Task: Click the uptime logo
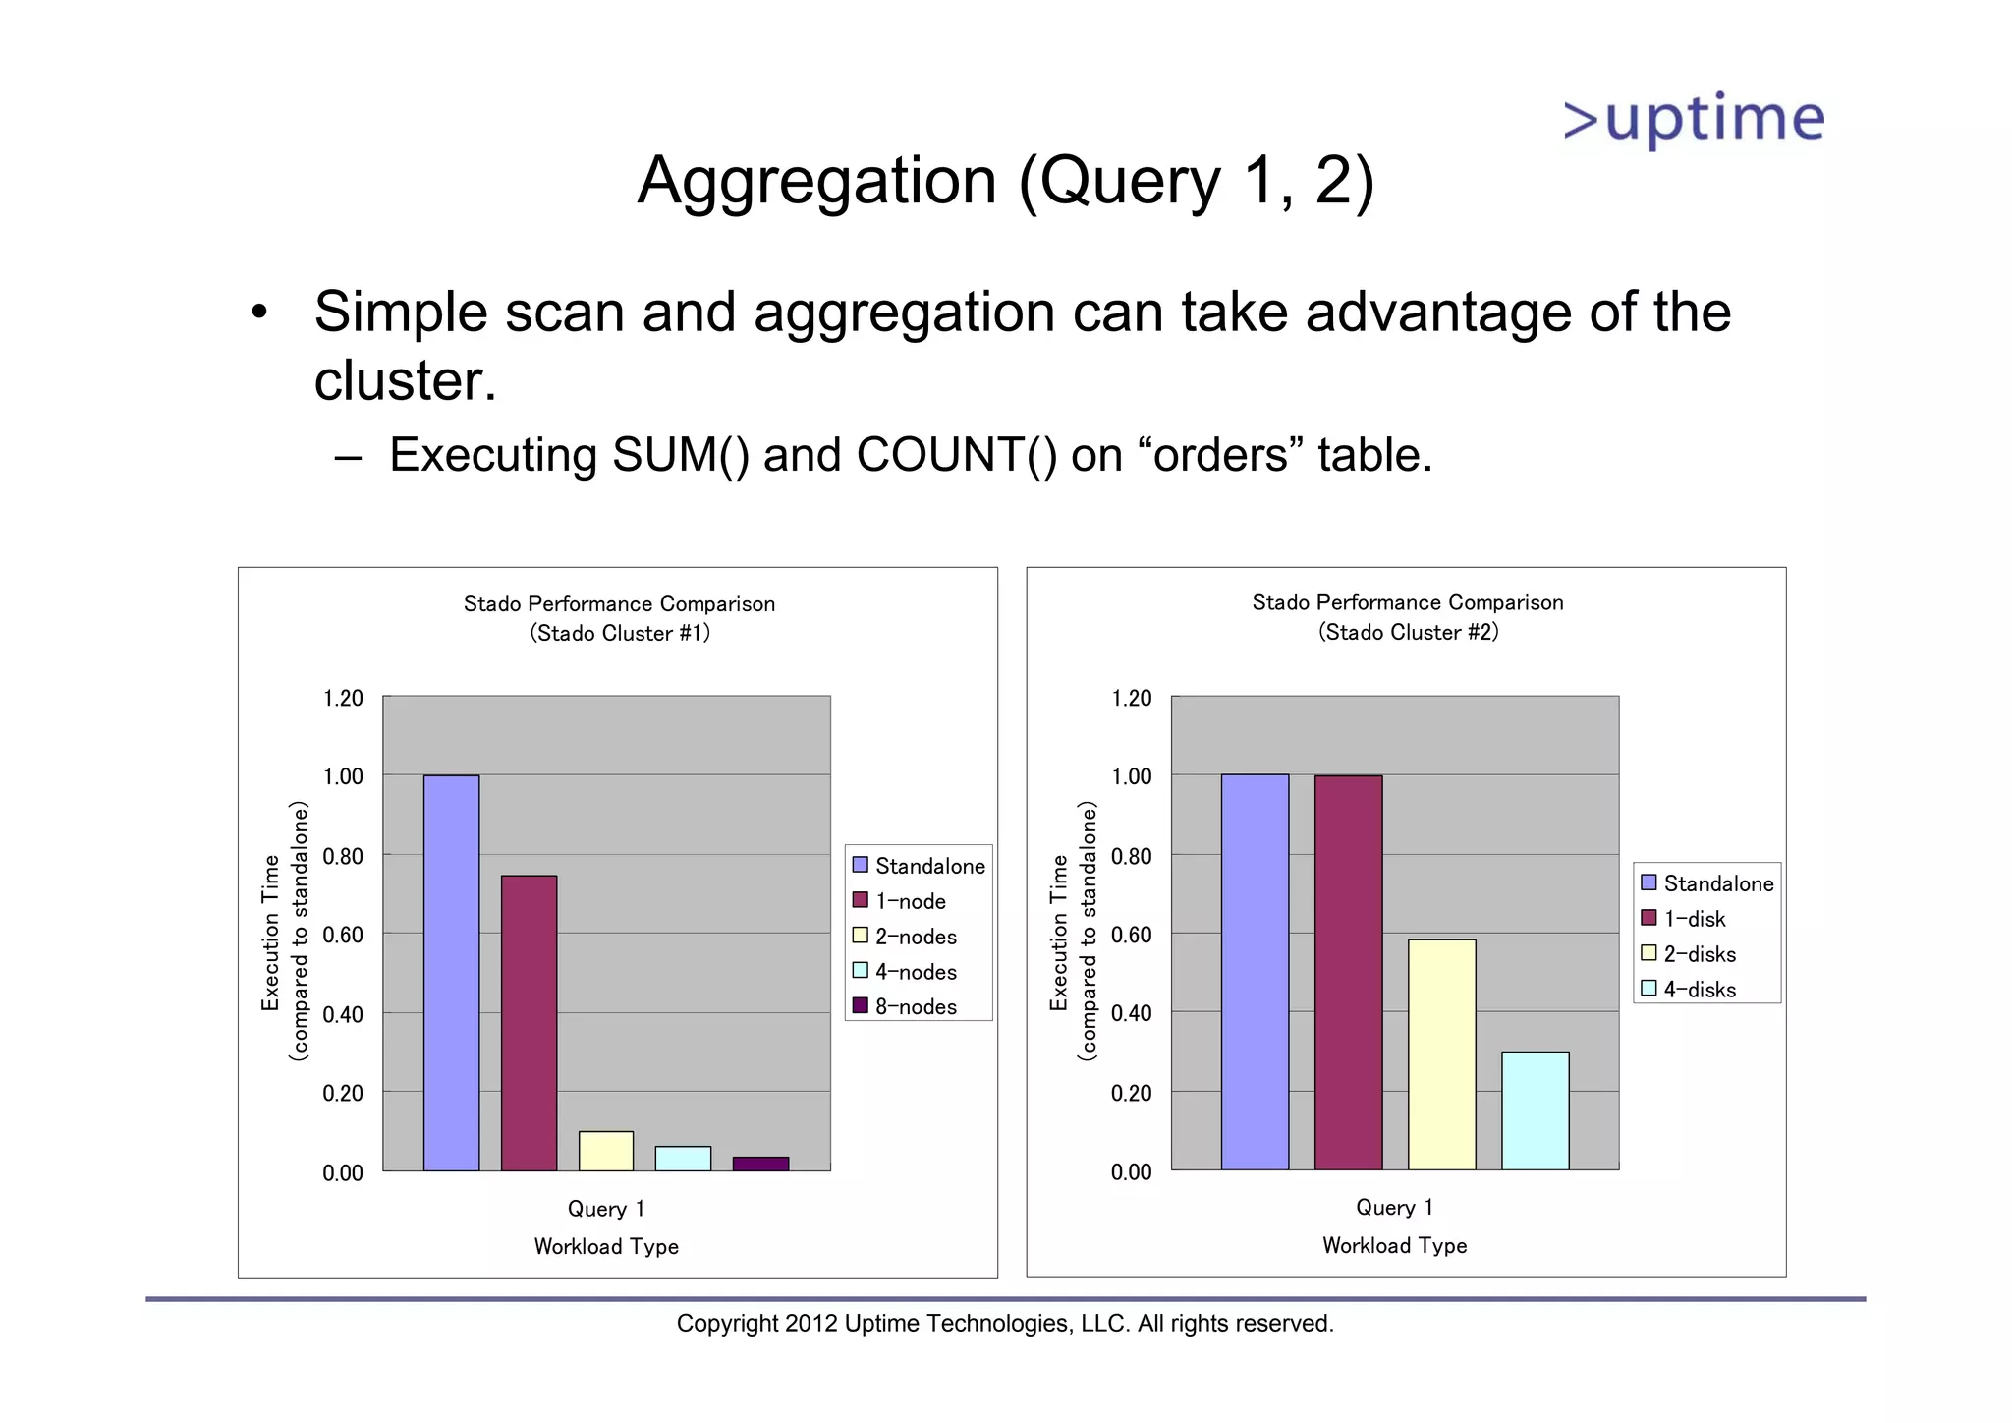(x=1694, y=120)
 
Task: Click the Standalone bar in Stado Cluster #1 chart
(x=451, y=973)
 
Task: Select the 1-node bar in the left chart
(x=529, y=1022)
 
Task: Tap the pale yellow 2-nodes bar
(x=605, y=1151)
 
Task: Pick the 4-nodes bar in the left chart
(x=683, y=1159)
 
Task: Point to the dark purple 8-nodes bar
(x=760, y=1165)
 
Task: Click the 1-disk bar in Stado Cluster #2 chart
(x=1348, y=973)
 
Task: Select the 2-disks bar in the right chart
(x=1441, y=1054)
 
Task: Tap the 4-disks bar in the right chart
(x=1535, y=1110)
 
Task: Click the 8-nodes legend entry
(x=915, y=1006)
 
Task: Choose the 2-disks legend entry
(x=1699, y=954)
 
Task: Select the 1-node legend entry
(x=910, y=901)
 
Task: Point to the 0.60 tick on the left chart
(x=343, y=935)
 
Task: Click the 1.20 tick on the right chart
(x=1131, y=699)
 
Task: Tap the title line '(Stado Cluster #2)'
(x=1408, y=632)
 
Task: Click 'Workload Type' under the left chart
(x=606, y=1246)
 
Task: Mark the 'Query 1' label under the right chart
(x=1394, y=1207)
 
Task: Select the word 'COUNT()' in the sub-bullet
(x=956, y=455)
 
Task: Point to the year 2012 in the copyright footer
(x=810, y=1324)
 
